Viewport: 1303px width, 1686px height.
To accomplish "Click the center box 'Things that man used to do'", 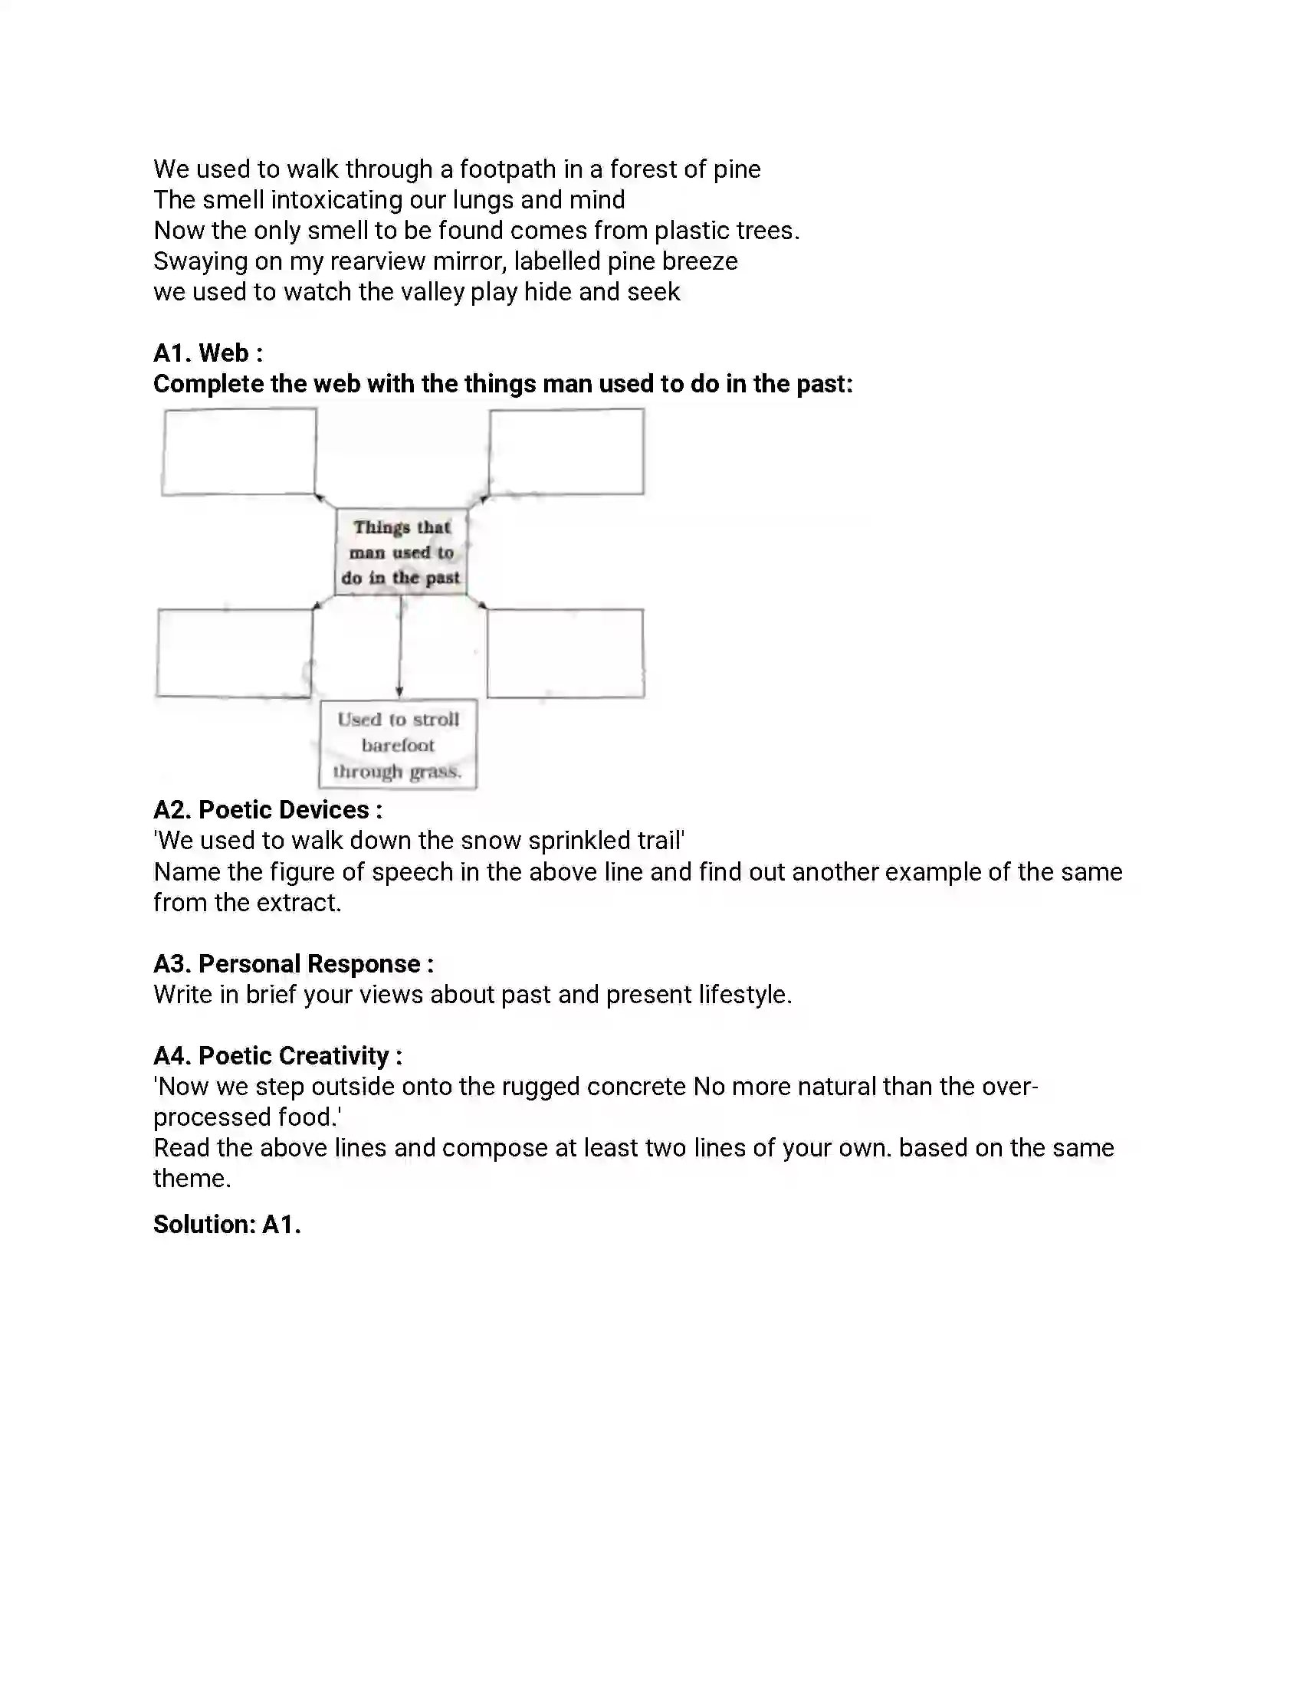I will pos(401,552).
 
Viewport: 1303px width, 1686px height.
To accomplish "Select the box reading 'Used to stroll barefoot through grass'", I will pos(399,745).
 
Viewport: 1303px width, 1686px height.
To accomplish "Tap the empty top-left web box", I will pos(238,451).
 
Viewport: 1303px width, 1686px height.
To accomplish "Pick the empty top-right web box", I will pos(566,451).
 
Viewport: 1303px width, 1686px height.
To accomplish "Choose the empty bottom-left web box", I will pos(235,653).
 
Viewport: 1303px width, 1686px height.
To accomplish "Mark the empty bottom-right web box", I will pos(565,653).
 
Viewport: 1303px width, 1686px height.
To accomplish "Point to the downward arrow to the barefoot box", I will pos(400,648).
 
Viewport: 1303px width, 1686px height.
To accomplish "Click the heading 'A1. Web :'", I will pos(208,353).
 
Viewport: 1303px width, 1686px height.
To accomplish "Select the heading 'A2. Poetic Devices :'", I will pos(267,810).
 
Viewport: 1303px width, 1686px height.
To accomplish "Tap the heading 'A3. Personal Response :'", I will pos(294,963).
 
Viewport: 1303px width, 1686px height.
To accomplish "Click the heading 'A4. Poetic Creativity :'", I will pos(278,1055).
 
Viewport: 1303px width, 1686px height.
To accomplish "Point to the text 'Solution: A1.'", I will pos(227,1225).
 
